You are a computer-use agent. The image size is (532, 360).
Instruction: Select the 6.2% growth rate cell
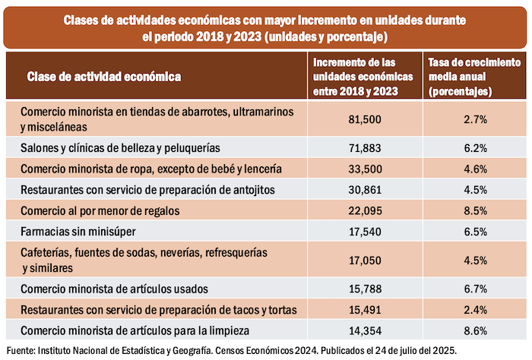point(475,147)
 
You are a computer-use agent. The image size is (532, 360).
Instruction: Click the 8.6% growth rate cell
point(475,330)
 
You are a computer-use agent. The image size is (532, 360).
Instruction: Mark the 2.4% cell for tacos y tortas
point(475,310)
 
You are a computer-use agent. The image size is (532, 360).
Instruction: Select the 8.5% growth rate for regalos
point(475,209)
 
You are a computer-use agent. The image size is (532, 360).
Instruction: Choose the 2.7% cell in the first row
point(475,119)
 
